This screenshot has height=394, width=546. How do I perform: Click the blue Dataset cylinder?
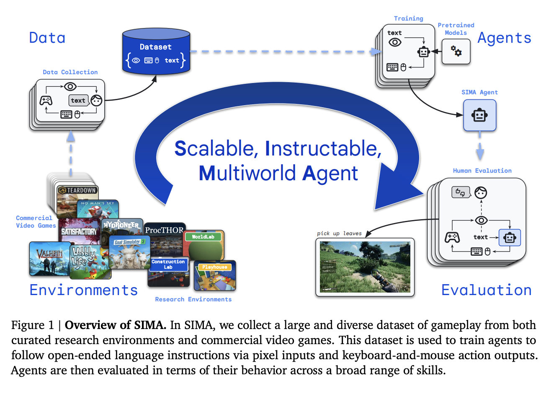pyautogui.click(x=156, y=52)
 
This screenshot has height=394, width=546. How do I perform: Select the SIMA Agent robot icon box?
pyautogui.click(x=479, y=115)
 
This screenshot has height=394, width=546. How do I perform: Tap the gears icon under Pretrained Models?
pyautogui.click(x=456, y=52)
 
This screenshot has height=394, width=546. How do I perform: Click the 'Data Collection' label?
pyautogui.click(x=70, y=72)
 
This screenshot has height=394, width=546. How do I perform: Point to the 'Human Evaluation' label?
pyautogui.click(x=482, y=171)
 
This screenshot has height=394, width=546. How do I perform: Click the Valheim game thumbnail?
pyautogui.click(x=49, y=258)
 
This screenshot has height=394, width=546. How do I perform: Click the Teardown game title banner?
pyautogui.click(x=78, y=190)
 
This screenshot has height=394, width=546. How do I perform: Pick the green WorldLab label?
pyautogui.click(x=203, y=237)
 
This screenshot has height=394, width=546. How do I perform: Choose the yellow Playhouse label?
pyautogui.click(x=214, y=267)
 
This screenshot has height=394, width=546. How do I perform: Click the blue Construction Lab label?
pyautogui.click(x=168, y=264)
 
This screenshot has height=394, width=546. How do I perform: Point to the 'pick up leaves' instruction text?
pyautogui.click(x=339, y=233)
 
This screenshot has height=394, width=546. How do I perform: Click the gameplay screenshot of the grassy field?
pyautogui.click(x=365, y=267)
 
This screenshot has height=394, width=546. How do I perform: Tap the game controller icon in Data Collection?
pyautogui.click(x=46, y=101)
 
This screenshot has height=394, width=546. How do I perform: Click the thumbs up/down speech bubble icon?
pyautogui.click(x=461, y=192)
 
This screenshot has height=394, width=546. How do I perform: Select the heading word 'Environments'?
pyautogui.click(x=84, y=290)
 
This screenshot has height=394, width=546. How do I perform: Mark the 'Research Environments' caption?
pyautogui.click(x=193, y=299)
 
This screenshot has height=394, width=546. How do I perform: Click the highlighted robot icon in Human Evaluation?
pyautogui.click(x=510, y=238)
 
